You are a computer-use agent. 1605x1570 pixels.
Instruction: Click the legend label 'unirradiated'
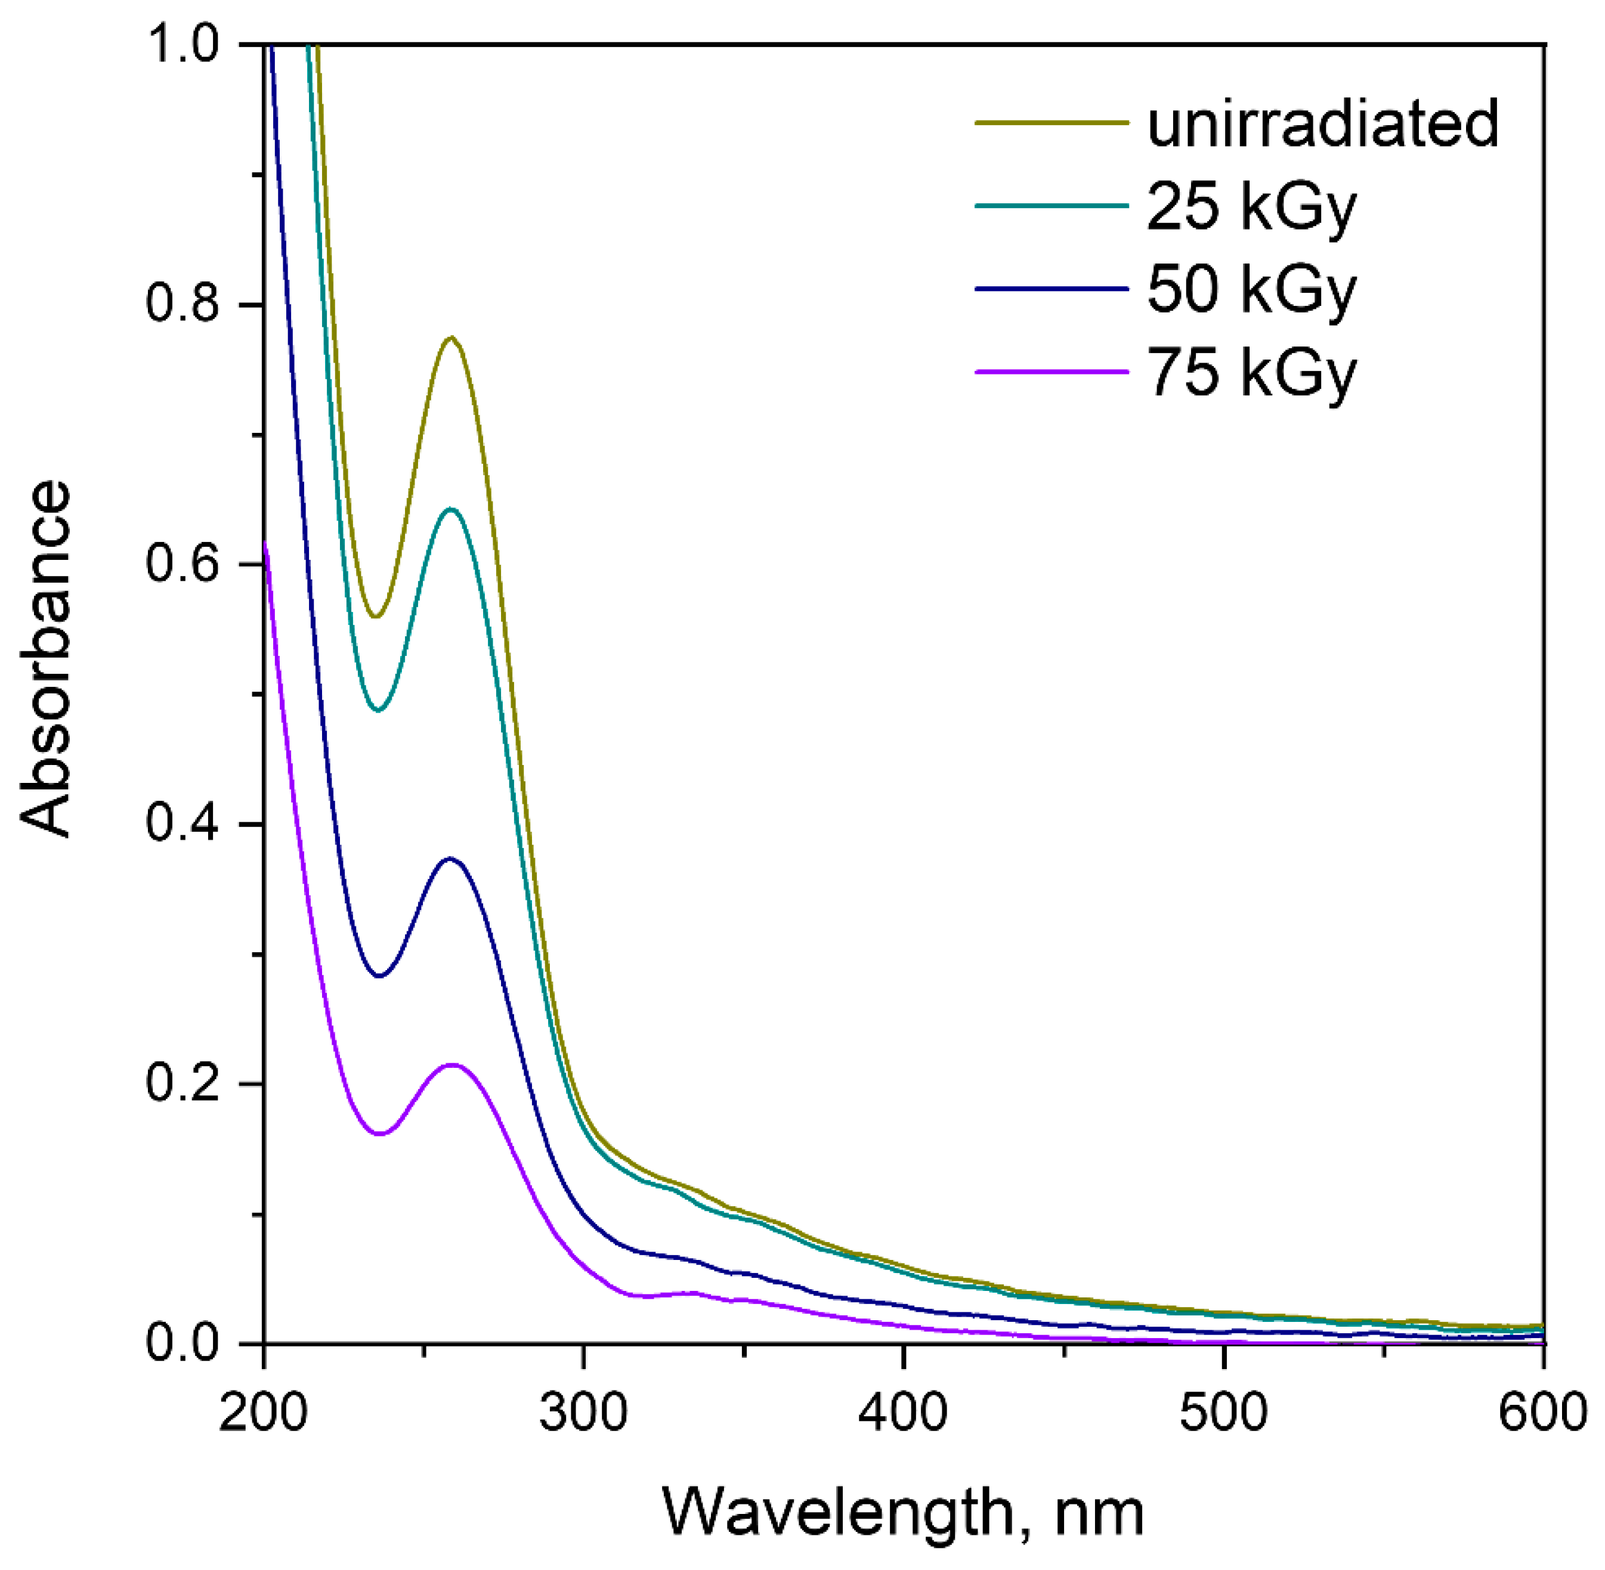[x=1322, y=123]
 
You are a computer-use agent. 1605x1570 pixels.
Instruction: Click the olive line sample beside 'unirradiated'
[x=1051, y=123]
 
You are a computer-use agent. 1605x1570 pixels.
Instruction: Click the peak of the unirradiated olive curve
[x=451, y=337]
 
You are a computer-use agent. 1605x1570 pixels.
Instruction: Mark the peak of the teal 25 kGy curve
[x=450, y=509]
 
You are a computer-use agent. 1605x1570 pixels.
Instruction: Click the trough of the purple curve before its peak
[x=380, y=1134]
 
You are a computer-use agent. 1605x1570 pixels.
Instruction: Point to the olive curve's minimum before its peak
[x=377, y=616]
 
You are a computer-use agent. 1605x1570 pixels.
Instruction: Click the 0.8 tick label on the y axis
[x=183, y=304]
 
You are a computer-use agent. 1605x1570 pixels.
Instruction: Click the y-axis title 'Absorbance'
[x=45, y=659]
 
